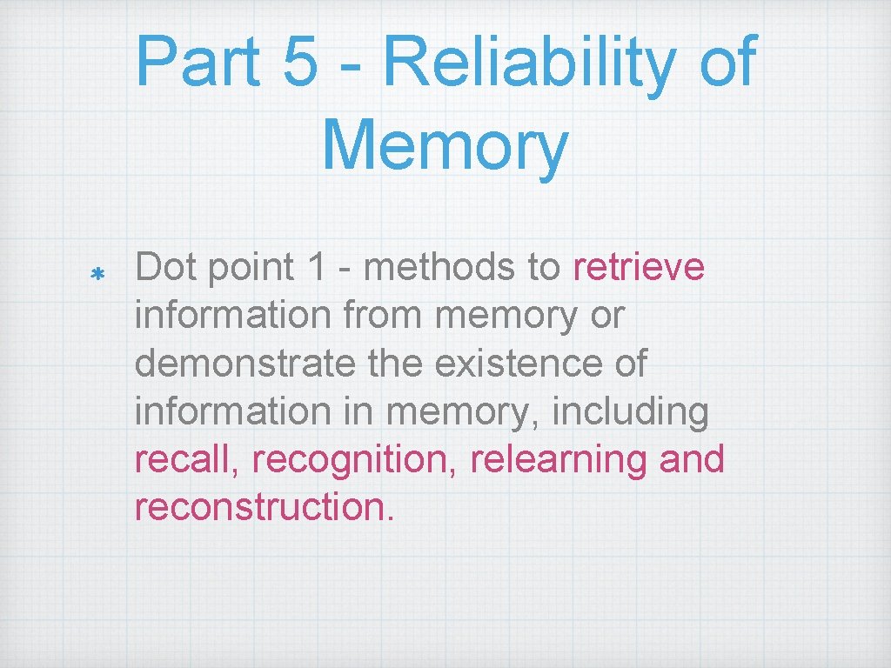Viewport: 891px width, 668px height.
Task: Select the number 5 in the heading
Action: (x=299, y=63)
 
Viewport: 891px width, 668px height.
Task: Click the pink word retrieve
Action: (x=639, y=268)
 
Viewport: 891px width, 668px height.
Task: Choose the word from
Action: (x=384, y=316)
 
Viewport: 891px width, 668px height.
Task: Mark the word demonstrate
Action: (x=245, y=364)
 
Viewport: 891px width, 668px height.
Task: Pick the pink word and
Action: (x=692, y=459)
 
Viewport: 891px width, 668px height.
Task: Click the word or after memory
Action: (x=607, y=316)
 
